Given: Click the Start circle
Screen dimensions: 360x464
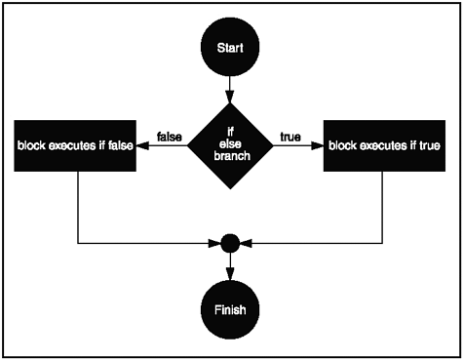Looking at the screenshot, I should click(x=230, y=47).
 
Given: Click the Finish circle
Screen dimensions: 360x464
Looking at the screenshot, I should click(x=230, y=311).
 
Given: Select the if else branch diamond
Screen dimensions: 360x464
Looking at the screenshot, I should click(x=230, y=143).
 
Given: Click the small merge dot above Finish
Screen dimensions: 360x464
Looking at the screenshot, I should click(x=230, y=242).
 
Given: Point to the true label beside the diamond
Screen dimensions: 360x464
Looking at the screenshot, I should click(x=290, y=136).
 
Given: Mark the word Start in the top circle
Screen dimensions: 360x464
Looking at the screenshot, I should click(x=230, y=47).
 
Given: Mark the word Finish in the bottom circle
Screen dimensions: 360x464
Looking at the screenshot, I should click(x=230, y=311).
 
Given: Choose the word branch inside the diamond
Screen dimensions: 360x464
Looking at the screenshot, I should click(x=230, y=157).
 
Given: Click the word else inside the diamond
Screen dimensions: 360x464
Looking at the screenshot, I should click(x=230, y=143).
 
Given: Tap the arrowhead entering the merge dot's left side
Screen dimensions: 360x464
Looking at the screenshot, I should click(x=216, y=242).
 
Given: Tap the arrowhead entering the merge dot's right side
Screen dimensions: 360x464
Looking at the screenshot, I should click(x=244, y=242).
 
